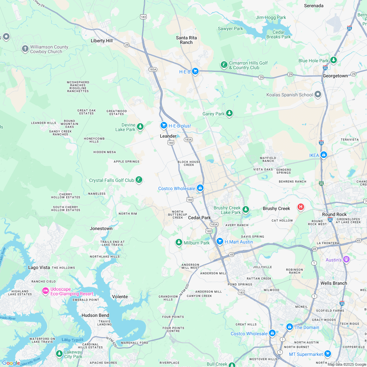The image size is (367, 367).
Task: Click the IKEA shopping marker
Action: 323,155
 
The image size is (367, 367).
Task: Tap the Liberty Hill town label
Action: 102,41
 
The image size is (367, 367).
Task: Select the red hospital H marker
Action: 300,207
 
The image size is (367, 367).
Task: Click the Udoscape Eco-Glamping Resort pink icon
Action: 46,291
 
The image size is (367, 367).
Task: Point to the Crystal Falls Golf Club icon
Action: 139,180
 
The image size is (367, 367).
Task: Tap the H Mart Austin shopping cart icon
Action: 220,241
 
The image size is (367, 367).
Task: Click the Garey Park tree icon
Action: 229,113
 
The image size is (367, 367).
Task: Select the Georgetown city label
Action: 335,76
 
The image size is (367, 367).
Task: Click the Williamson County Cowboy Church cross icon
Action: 25,49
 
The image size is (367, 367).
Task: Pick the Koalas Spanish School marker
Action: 318,94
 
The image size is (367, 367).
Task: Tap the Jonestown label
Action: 101,228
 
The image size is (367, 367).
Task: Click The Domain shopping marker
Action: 289,327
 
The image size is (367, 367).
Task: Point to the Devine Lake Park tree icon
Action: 140,126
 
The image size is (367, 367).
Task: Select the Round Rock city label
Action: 334,214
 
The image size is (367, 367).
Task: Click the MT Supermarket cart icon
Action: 327,354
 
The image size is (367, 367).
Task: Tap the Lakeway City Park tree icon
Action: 59,354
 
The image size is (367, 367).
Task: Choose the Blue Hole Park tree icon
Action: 333,60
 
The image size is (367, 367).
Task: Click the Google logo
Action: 11,363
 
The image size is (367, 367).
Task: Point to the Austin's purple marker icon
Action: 346,260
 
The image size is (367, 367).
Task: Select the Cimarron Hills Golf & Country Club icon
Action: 224,65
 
